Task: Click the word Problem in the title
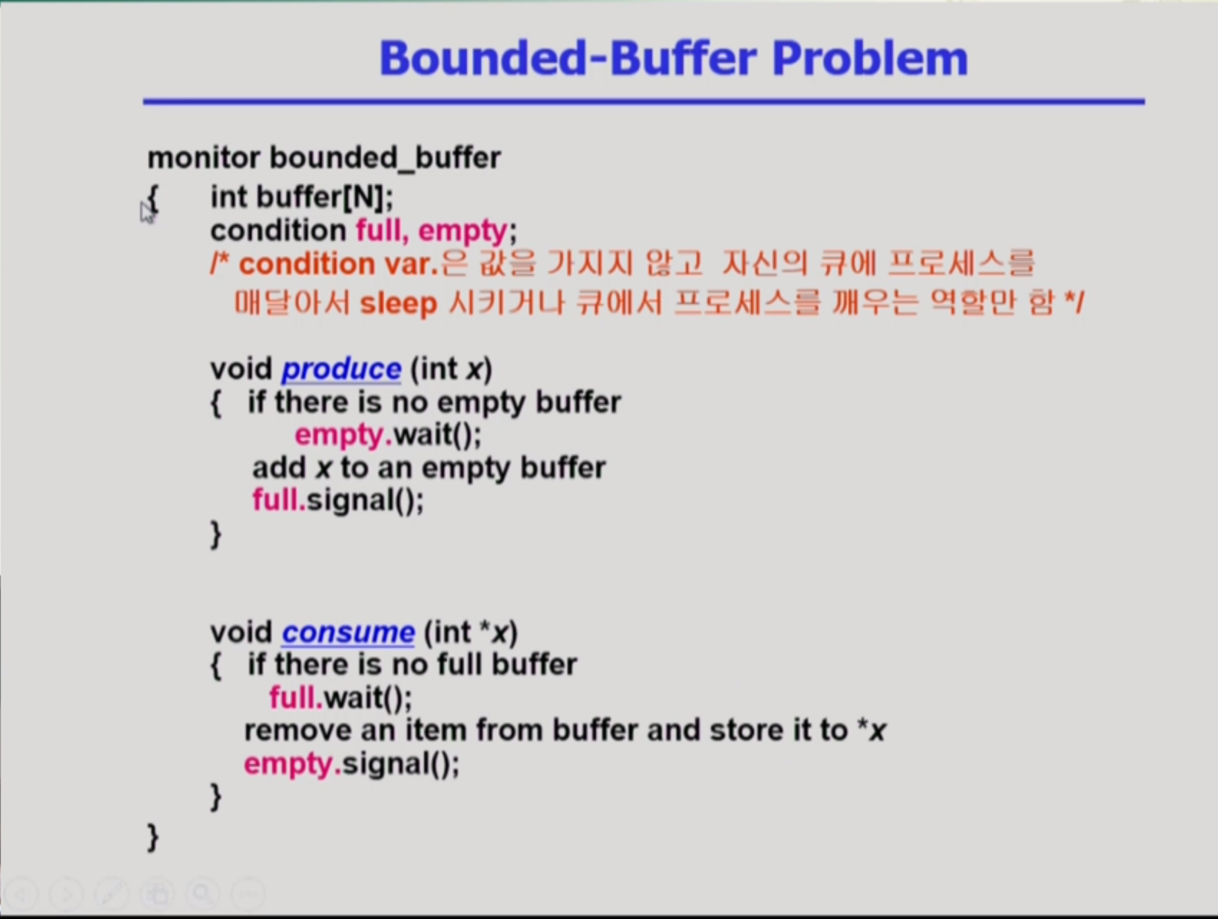pyautogui.click(x=870, y=58)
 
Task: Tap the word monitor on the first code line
pyautogui.click(x=204, y=158)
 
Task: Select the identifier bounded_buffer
pyautogui.click(x=385, y=158)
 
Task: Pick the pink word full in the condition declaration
pyautogui.click(x=378, y=231)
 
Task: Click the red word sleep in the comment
pyautogui.click(x=398, y=304)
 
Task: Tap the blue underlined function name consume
pyautogui.click(x=348, y=632)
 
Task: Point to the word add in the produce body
pyautogui.click(x=279, y=467)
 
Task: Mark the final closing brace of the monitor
pyautogui.click(x=152, y=837)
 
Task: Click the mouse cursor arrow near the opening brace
pyautogui.click(x=146, y=212)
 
